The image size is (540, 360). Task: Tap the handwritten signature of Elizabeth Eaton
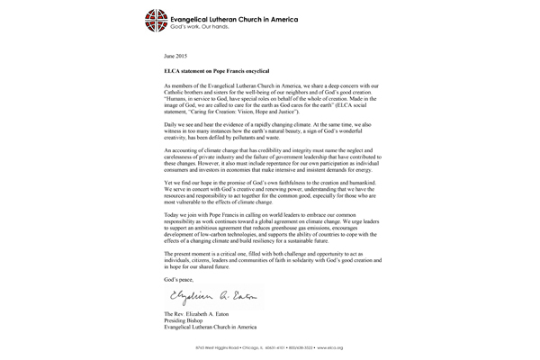206,292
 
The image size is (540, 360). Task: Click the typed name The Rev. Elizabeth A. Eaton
203,310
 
